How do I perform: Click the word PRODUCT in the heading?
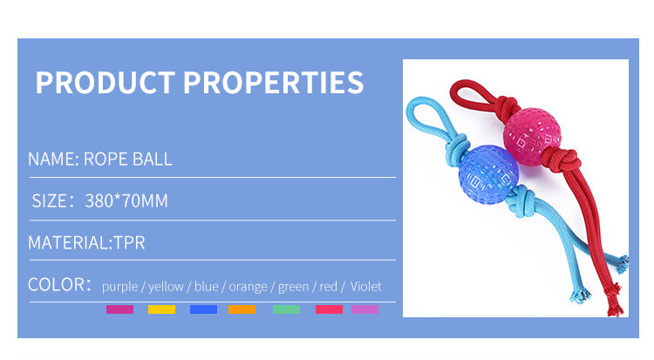tap(106, 82)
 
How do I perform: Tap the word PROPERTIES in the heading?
tap(274, 82)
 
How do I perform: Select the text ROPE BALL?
tap(127, 160)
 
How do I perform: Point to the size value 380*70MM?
tap(126, 201)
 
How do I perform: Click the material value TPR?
tap(129, 243)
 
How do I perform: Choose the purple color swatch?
tap(119, 309)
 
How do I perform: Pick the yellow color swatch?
tap(161, 309)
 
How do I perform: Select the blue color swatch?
tap(203, 309)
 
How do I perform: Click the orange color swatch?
tap(242, 309)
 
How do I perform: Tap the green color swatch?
tap(286, 309)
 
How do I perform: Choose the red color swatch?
tap(329, 309)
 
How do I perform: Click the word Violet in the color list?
tap(365, 287)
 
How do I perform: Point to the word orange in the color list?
tap(249, 287)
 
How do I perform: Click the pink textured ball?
tap(532, 131)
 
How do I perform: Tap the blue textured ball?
tap(488, 174)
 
